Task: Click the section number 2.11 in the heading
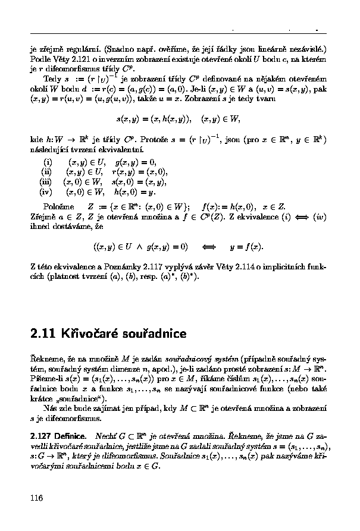(43, 334)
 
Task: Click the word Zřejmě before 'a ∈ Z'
(43, 216)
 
